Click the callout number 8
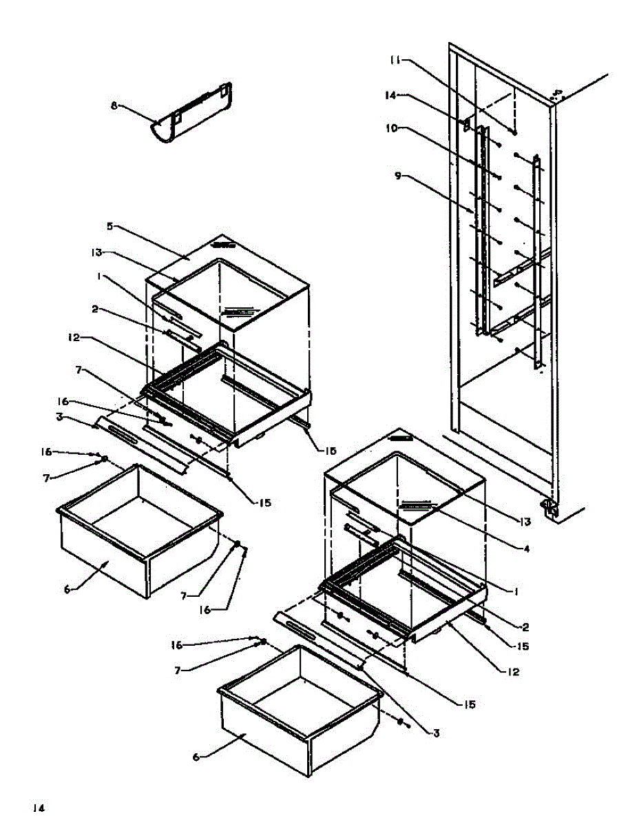pyautogui.click(x=114, y=105)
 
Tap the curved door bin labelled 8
pyautogui.click(x=191, y=114)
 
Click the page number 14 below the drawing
pyautogui.click(x=38, y=808)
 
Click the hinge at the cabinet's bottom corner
pyautogui.click(x=550, y=509)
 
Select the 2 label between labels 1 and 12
pyautogui.click(x=525, y=627)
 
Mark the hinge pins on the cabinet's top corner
pyautogui.click(x=557, y=93)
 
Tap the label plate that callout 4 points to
pyautogui.click(x=416, y=504)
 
